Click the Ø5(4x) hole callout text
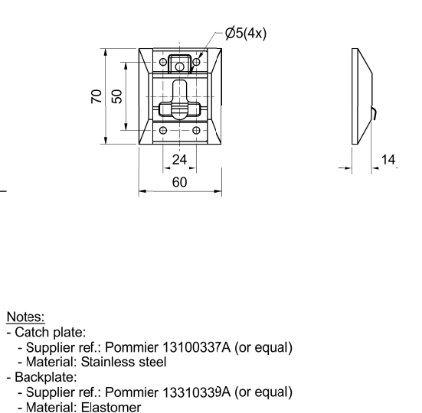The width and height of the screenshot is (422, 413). pyautogui.click(x=246, y=34)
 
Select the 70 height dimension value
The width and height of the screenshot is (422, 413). pyautogui.click(x=97, y=96)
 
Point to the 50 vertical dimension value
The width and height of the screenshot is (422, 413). pyautogui.click(x=116, y=96)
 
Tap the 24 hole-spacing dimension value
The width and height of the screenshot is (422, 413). pyautogui.click(x=179, y=160)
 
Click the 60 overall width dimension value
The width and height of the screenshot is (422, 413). pyautogui.click(x=179, y=182)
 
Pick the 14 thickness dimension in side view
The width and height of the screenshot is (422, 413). pyautogui.click(x=388, y=160)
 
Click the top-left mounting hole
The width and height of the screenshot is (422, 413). pyautogui.click(x=163, y=63)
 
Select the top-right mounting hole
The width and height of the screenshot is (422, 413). pyautogui.click(x=197, y=63)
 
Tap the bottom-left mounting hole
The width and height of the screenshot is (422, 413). pyautogui.click(x=163, y=131)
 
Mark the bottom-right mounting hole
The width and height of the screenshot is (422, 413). pyautogui.click(x=197, y=131)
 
